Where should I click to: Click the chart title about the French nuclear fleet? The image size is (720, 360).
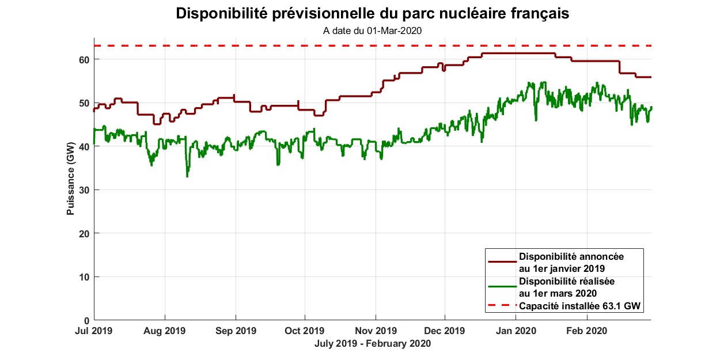[x=372, y=14]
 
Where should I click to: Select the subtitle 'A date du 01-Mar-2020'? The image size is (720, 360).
[x=372, y=31]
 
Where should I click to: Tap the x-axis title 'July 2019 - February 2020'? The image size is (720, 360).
[x=372, y=344]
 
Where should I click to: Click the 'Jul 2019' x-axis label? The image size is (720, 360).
[x=94, y=331]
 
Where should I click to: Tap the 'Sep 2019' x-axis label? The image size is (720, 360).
[x=235, y=331]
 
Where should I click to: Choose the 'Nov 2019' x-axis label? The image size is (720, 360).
[x=376, y=331]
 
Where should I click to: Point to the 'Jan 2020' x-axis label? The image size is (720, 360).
[x=516, y=331]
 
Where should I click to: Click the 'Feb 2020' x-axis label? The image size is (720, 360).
[x=586, y=331]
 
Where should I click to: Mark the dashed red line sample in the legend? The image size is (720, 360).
[x=502, y=306]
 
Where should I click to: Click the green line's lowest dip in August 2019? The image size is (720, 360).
[x=187, y=176]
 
